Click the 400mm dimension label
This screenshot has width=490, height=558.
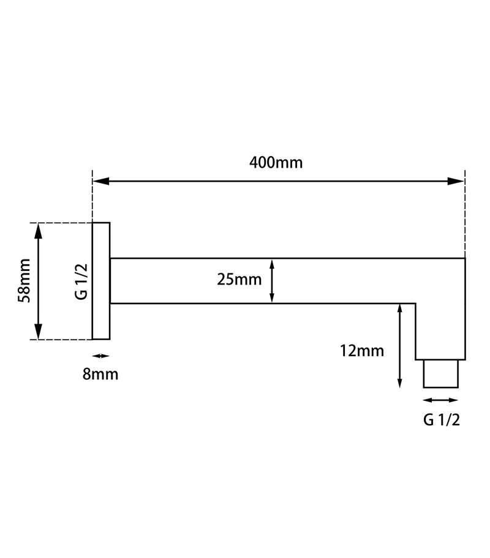tap(276, 163)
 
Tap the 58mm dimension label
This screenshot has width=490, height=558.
tap(24, 281)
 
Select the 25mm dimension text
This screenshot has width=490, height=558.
tap(239, 280)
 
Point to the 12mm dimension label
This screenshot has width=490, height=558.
tap(362, 351)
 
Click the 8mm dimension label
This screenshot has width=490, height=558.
tap(100, 374)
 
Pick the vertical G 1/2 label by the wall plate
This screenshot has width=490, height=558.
tap(81, 281)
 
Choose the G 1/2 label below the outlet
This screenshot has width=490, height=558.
tap(442, 420)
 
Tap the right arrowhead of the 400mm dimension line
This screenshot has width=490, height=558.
tap(456, 181)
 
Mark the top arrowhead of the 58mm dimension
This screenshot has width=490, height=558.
tap(38, 231)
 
